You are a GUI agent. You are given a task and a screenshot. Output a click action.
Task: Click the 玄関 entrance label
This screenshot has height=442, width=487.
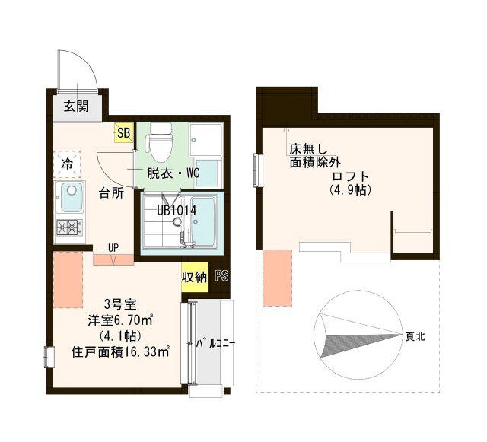coord(75,107)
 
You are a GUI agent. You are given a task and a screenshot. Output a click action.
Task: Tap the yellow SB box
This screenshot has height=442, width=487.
coord(123,133)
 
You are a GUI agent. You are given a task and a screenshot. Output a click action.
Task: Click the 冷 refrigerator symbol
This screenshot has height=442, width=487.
coord(67,164)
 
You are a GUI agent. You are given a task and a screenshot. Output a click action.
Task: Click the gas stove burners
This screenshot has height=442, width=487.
coord(68,226)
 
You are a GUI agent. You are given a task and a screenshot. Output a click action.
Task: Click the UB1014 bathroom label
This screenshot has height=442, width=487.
coord(177,210)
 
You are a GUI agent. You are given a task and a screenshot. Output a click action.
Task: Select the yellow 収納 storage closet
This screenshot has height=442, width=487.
coord(193,278)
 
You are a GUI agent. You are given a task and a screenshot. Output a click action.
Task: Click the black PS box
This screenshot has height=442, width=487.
coord(221,277)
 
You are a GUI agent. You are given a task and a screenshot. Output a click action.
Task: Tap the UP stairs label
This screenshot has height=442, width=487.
coord(113,248)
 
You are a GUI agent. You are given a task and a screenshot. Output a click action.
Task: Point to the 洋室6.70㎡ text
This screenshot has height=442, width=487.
coord(122,320)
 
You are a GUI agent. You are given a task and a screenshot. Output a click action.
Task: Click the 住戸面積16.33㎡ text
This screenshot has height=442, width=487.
coord(120,352)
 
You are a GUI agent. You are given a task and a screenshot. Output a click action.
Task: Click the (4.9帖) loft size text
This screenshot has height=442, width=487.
coord(349,190)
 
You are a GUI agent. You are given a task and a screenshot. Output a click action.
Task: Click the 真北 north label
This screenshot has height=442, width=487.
coord(415,335)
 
